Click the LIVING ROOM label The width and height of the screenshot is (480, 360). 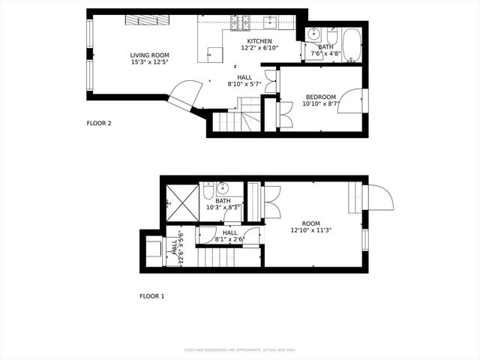coord(149,55)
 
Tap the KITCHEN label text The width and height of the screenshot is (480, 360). coord(259,40)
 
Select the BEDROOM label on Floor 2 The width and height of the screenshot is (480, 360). coord(321,97)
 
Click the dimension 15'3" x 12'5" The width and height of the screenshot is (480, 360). coord(149,62)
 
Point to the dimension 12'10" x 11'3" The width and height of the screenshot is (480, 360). coord(310,230)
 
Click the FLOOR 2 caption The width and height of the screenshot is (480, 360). coord(99,123)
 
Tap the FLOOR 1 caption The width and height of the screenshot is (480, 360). coord(151,296)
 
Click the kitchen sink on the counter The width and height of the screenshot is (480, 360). coord(270,21)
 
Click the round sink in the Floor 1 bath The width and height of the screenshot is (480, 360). coord(222,188)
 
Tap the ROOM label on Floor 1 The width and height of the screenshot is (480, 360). coord(310,223)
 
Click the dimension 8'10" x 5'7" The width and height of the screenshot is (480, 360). coord(244,84)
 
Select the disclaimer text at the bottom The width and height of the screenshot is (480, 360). coord(239,349)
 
